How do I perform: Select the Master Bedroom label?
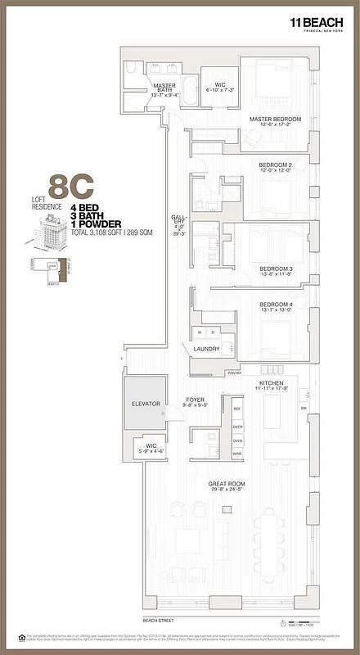click(x=276, y=120)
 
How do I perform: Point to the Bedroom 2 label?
click(x=276, y=167)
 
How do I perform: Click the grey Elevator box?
click(x=143, y=405)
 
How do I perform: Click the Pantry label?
click(x=234, y=371)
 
